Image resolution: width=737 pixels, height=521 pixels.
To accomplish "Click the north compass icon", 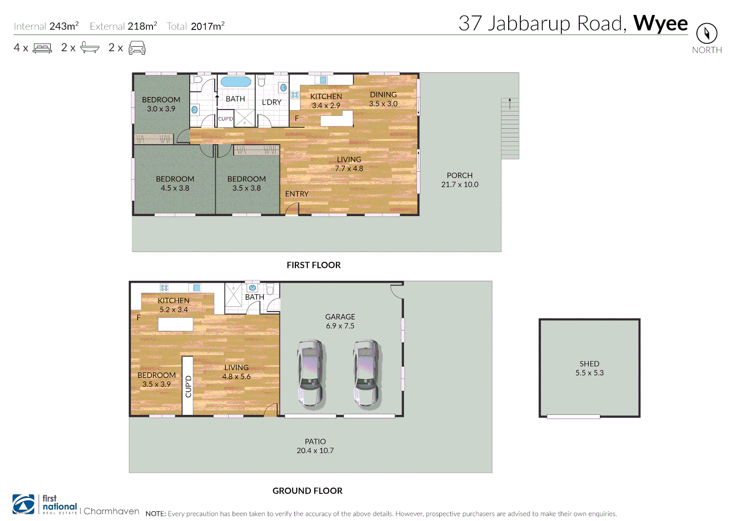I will click(707, 33).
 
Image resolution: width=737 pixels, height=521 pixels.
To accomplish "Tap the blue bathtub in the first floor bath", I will click(236, 82).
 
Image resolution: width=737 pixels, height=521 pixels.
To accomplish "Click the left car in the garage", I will click(310, 373).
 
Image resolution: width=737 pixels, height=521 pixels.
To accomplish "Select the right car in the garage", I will click(366, 373).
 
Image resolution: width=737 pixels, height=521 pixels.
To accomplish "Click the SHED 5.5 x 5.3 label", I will click(589, 368).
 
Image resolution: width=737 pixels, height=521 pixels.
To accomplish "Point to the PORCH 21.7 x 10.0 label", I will click(459, 180).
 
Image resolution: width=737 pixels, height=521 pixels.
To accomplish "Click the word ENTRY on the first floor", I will click(296, 194).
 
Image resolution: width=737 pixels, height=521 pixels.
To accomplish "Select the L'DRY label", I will click(271, 102).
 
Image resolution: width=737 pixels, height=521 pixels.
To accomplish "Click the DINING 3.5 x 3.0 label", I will click(383, 99).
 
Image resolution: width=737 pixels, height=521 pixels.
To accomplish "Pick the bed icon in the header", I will click(42, 48).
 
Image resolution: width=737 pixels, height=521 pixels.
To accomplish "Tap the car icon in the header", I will click(137, 48).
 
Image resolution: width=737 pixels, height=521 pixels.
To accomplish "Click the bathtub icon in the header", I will click(90, 48).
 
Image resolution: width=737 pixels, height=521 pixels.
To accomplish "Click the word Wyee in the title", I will click(660, 23).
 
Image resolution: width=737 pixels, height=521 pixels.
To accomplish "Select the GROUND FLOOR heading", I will click(307, 491).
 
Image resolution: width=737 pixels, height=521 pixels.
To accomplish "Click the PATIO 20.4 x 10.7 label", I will click(315, 446).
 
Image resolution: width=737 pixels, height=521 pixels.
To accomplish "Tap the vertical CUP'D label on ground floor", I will click(188, 386).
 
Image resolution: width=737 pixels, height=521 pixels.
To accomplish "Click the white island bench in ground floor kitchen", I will click(176, 325).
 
